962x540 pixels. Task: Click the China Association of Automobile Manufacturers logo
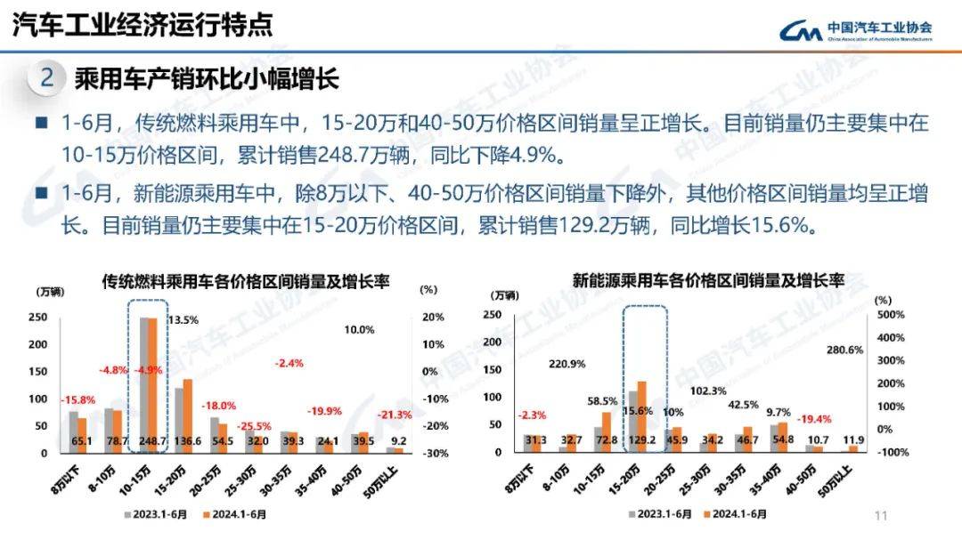click(x=855, y=31)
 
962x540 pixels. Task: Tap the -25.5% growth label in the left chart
click(x=255, y=426)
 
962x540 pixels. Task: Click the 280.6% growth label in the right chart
click(x=844, y=350)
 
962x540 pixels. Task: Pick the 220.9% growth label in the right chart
click(x=567, y=363)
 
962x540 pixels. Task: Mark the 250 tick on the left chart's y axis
click(x=38, y=318)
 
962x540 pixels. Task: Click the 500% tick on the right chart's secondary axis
click(x=891, y=315)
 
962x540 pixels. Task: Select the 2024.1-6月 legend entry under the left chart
click(x=236, y=513)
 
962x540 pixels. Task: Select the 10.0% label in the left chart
click(x=359, y=329)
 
